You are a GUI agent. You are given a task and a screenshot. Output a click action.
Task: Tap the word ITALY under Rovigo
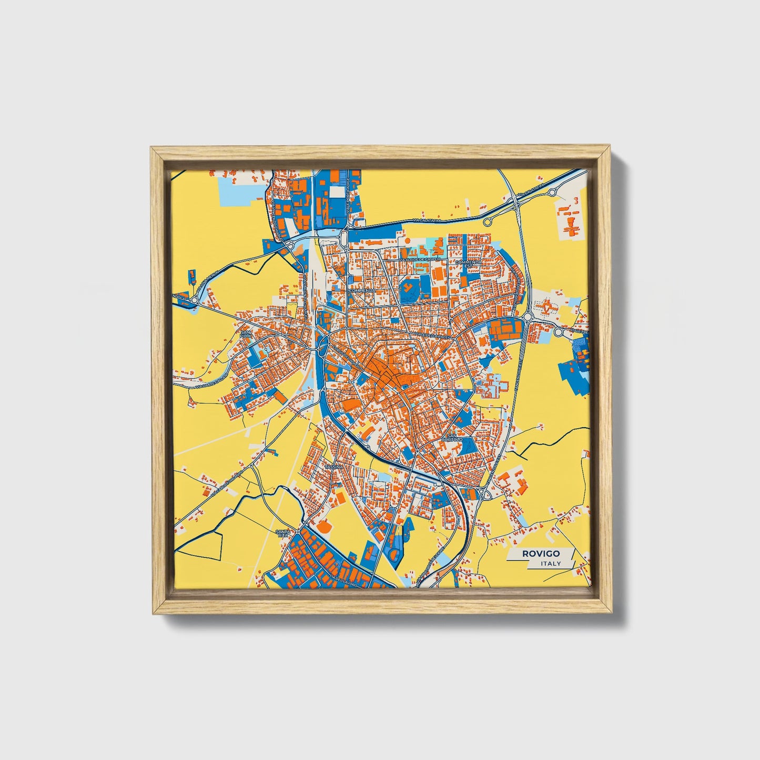[x=551, y=563]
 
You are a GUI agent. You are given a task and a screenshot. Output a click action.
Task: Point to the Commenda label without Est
[x=362, y=290]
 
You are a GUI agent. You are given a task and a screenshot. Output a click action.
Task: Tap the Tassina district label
[x=333, y=467]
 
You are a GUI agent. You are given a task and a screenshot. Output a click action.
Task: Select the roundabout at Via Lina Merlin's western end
[x=194, y=300]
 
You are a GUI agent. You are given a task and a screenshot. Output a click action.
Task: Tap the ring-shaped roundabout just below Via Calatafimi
[x=488, y=221]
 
